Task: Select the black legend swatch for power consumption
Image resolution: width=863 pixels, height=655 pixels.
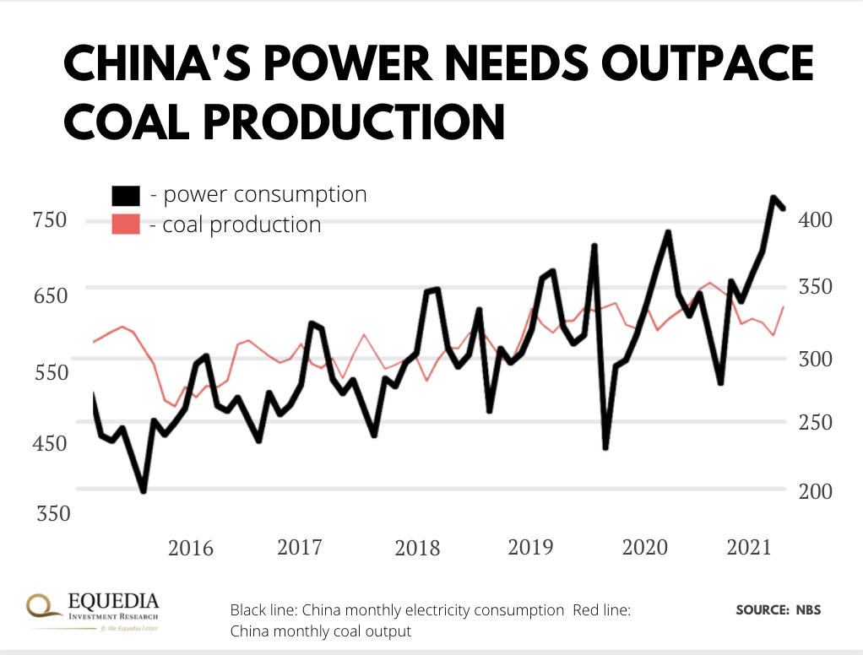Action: pyautogui.click(x=126, y=195)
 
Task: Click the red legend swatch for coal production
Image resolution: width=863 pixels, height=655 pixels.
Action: pyautogui.click(x=126, y=225)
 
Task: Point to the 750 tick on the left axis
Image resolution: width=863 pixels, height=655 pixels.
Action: pyautogui.click(x=49, y=220)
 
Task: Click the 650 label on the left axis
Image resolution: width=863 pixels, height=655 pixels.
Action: pyautogui.click(x=49, y=296)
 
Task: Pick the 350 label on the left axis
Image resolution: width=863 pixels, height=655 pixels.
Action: pyautogui.click(x=49, y=514)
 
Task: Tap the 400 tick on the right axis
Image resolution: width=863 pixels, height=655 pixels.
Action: pyautogui.click(x=816, y=219)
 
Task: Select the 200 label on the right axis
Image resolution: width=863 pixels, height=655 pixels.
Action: pyautogui.click(x=816, y=491)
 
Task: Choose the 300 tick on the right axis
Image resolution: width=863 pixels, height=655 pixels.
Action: pyautogui.click(x=816, y=358)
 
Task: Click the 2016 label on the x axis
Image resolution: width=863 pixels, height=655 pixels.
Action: pyautogui.click(x=191, y=548)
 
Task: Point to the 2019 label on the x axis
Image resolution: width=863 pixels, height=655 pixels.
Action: pyautogui.click(x=530, y=547)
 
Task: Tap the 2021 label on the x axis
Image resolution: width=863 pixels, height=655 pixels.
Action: pyautogui.click(x=749, y=547)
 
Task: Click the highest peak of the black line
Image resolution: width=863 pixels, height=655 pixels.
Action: pyautogui.click(x=773, y=198)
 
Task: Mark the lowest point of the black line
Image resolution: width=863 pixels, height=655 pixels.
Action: pyautogui.click(x=144, y=490)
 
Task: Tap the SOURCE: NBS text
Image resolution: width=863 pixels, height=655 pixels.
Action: pyautogui.click(x=778, y=609)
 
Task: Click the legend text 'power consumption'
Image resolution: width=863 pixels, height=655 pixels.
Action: pyautogui.click(x=258, y=195)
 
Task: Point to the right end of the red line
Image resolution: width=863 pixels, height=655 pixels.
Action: pyautogui.click(x=784, y=306)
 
